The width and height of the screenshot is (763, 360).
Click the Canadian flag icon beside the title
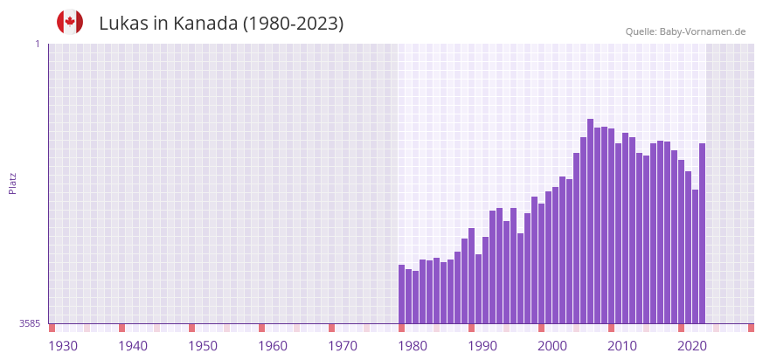tap(70, 22)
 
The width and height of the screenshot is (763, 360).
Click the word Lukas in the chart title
tap(123, 24)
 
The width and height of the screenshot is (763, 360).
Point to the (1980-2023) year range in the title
tap(293, 24)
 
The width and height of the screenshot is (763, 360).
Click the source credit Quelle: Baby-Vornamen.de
tap(685, 31)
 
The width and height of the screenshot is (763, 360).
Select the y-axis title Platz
tap(12, 183)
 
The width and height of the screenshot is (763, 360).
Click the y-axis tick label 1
tap(37, 44)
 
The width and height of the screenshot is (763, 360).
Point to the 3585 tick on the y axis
tap(30, 323)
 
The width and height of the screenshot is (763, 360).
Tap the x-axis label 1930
tap(63, 346)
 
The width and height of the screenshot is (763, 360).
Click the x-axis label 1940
tap(133, 346)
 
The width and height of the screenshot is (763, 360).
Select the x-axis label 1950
tap(203, 346)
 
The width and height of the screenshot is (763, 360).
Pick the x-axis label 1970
tap(343, 346)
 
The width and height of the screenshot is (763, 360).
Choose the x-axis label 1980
tap(413, 346)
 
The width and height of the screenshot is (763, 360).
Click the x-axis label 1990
tap(482, 346)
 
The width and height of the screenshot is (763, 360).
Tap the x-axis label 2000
tap(552, 346)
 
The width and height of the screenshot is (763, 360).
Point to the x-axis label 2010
tap(622, 346)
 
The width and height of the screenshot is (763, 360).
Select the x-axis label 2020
tap(692, 346)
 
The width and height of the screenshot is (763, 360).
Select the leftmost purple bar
tap(401, 294)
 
